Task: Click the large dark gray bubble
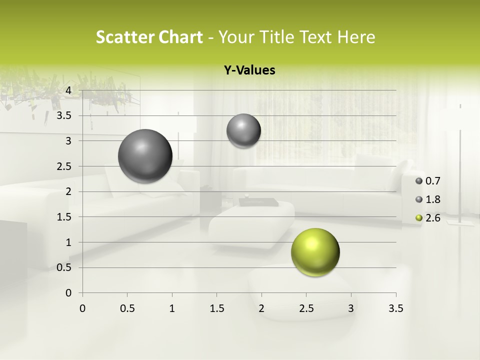coord(145,156)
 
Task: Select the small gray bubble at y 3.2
coord(243,131)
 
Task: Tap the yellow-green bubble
coord(315,252)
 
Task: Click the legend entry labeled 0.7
coord(433,181)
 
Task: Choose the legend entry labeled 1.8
coord(433,199)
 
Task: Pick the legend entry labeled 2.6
coord(433,218)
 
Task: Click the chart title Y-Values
coord(249,70)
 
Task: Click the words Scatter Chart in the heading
coord(149,37)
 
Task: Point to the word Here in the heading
coord(356,37)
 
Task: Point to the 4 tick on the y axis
coord(69,90)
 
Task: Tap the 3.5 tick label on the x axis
coord(395,308)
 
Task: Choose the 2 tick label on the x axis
coord(261,308)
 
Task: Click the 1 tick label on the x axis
coord(172,308)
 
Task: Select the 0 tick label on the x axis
coord(82,308)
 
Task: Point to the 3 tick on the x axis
coord(351,308)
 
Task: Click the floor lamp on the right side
coord(460,165)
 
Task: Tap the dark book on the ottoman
coord(258,202)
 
